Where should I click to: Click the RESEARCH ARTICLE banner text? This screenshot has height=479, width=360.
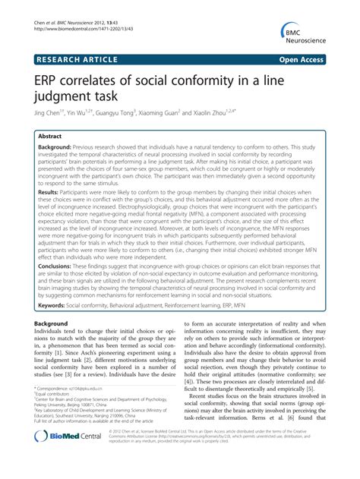point(81,58)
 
